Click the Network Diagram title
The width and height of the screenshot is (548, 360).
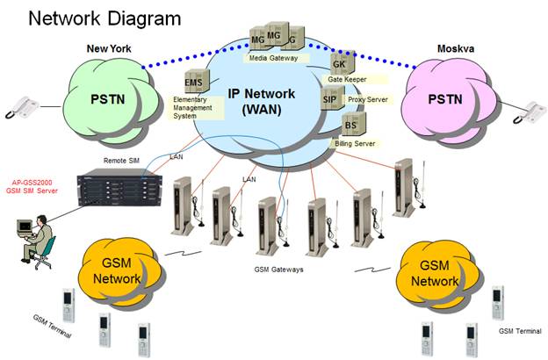[105, 18]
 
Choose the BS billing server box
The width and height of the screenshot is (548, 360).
[350, 125]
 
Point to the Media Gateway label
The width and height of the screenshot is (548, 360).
[273, 57]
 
